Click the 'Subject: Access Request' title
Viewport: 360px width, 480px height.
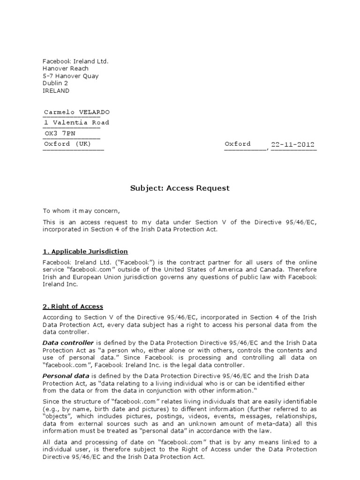click(180, 188)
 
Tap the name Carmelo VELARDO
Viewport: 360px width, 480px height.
click(77, 112)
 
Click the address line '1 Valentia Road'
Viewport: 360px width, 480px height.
click(76, 122)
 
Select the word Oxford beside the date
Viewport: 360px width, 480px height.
click(238, 144)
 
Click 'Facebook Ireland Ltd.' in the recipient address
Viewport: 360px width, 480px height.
click(75, 61)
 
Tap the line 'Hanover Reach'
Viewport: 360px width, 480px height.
click(65, 68)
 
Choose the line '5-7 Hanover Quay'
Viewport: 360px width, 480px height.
click(71, 76)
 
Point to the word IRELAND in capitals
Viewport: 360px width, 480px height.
click(56, 91)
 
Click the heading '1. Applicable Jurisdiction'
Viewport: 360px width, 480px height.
click(85, 252)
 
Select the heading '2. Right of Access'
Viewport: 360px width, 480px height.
click(73, 307)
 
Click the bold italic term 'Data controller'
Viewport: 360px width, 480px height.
click(68, 343)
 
